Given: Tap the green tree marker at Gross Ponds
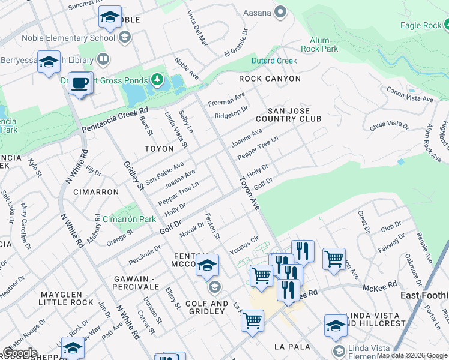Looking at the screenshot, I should point(157,80).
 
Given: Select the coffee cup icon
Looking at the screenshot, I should point(79,83).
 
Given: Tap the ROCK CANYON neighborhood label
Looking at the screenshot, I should point(270,79).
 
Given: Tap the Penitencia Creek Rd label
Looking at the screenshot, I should point(115,121).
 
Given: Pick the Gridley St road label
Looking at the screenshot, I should point(134,176).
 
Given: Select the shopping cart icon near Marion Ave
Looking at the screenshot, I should point(334,259).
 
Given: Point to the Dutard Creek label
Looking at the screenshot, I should point(274,61).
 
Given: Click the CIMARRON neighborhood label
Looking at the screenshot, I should point(96,192).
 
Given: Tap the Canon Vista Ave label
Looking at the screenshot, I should point(410,95).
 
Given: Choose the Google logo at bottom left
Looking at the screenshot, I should point(20,353).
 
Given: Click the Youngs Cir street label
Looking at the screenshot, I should point(243,245).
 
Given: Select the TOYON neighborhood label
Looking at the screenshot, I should point(159,148).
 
